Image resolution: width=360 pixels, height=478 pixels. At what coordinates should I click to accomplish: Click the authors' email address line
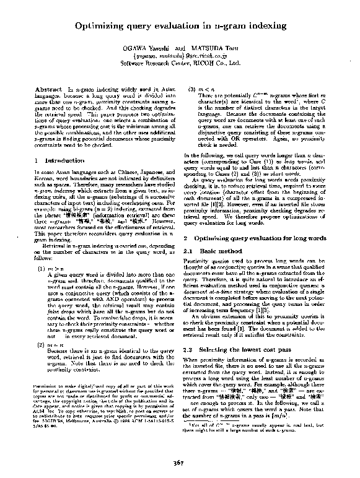click(x=180, y=56)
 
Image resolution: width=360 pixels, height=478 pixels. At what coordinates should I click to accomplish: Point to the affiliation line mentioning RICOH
click(x=180, y=63)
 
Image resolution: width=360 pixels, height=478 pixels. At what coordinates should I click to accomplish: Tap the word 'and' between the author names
click(x=180, y=48)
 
